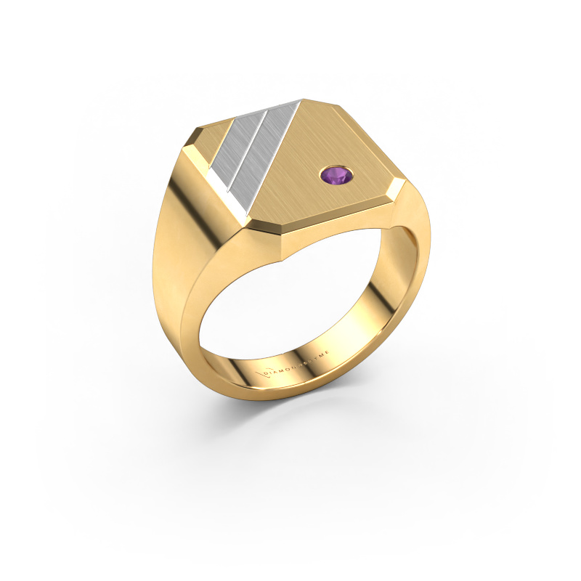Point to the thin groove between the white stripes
point(255,145)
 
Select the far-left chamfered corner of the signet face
point(190,145)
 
